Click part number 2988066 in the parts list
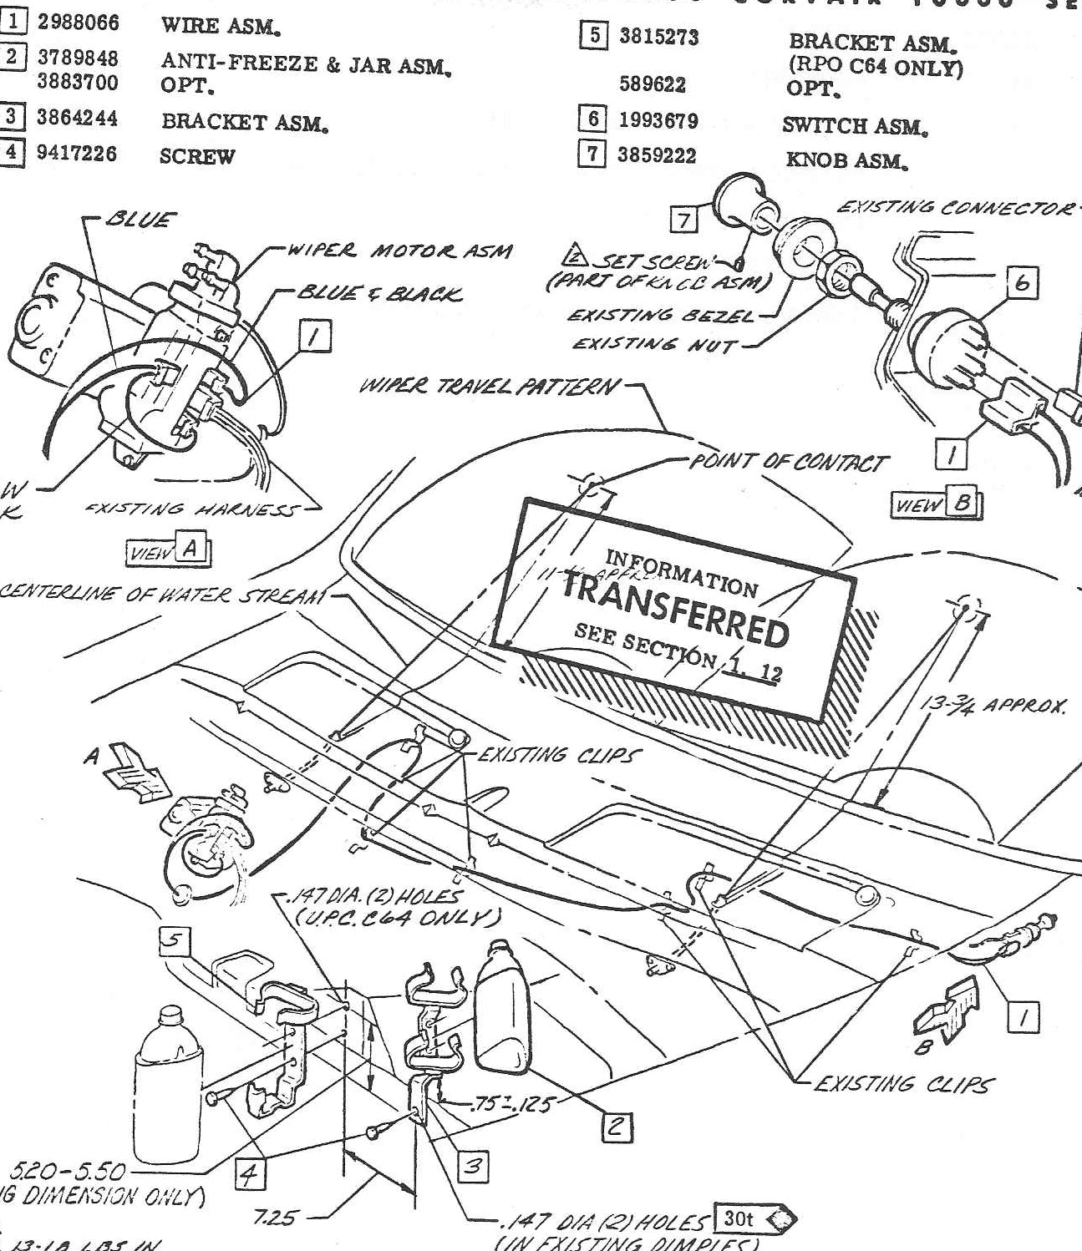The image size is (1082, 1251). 78,23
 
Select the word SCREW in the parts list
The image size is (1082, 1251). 197,157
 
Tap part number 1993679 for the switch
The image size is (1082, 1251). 658,120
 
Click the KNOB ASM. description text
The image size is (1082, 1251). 846,160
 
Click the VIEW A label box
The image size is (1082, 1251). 168,550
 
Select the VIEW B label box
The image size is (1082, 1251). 937,504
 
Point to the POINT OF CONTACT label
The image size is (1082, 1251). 788,462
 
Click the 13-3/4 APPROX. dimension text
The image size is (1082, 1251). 993,706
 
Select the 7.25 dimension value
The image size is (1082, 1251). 275,1218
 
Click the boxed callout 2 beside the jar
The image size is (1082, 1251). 617,1127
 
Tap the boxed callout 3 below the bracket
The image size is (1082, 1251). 473,1166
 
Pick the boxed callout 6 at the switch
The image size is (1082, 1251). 1023,284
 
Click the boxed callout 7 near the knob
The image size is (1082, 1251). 684,220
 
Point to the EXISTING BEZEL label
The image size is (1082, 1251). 659,316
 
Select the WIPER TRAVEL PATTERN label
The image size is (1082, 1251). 490,387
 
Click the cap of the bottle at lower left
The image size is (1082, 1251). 170,1013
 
